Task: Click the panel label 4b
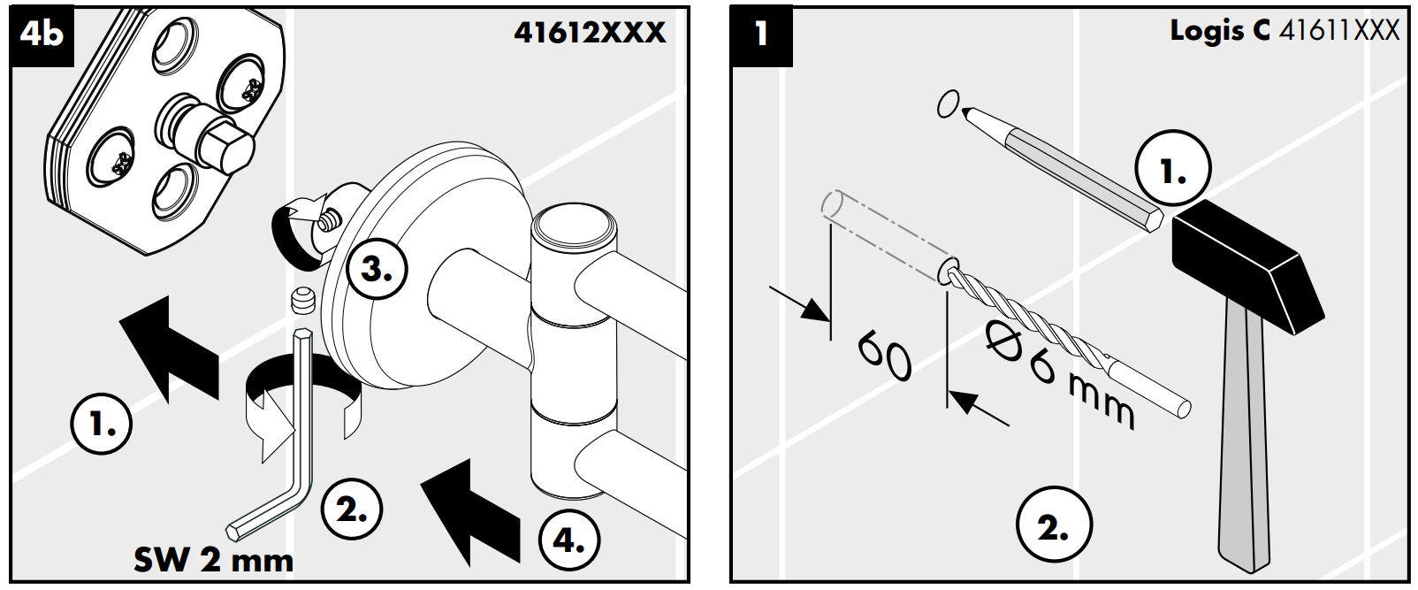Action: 42,34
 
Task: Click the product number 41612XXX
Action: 590,33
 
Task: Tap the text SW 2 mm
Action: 214,560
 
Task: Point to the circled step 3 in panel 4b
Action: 377,269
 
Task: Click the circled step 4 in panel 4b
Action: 569,540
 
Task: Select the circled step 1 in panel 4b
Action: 102,424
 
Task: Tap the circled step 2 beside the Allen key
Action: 352,510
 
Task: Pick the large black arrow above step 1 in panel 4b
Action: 170,349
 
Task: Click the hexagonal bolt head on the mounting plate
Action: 231,148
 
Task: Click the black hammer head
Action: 1248,267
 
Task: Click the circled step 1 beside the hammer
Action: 1173,168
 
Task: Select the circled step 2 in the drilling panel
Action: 1054,524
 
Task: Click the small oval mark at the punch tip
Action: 948,103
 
